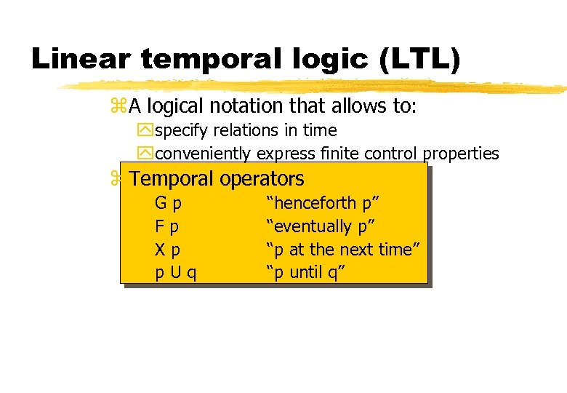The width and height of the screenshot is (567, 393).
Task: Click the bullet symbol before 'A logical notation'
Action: tap(118, 107)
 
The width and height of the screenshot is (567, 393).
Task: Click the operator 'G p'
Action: tap(168, 203)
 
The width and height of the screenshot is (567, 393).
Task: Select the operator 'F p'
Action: tap(168, 226)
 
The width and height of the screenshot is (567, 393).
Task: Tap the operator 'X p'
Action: tap(168, 250)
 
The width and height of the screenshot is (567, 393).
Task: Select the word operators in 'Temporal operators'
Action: tap(262, 178)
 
